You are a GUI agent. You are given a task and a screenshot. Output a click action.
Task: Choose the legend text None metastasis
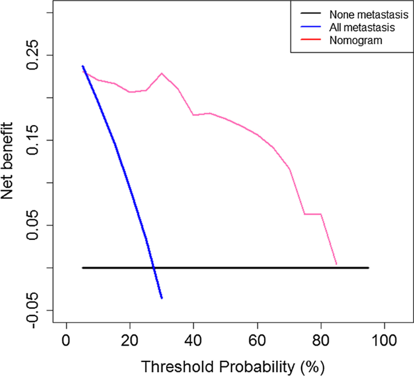tap(364, 15)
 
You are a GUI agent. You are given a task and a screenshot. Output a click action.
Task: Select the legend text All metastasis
tap(361, 27)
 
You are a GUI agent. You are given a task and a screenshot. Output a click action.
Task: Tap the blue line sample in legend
tap(308, 27)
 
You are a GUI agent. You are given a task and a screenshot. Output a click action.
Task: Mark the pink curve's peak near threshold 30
tap(161, 73)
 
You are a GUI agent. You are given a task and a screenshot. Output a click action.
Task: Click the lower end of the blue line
tap(162, 298)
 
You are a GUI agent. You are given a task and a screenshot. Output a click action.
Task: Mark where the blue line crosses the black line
tap(154, 267)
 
